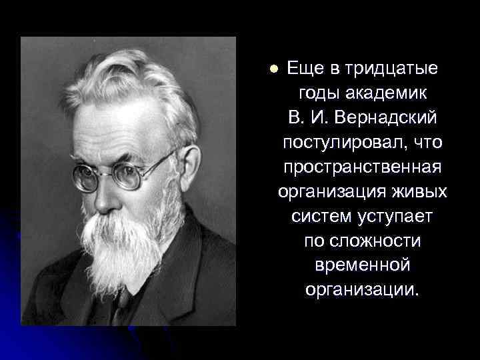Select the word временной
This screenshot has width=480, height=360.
tap(362, 265)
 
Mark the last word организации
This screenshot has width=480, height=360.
tap(362, 290)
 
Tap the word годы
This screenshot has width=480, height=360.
tap(320, 93)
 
